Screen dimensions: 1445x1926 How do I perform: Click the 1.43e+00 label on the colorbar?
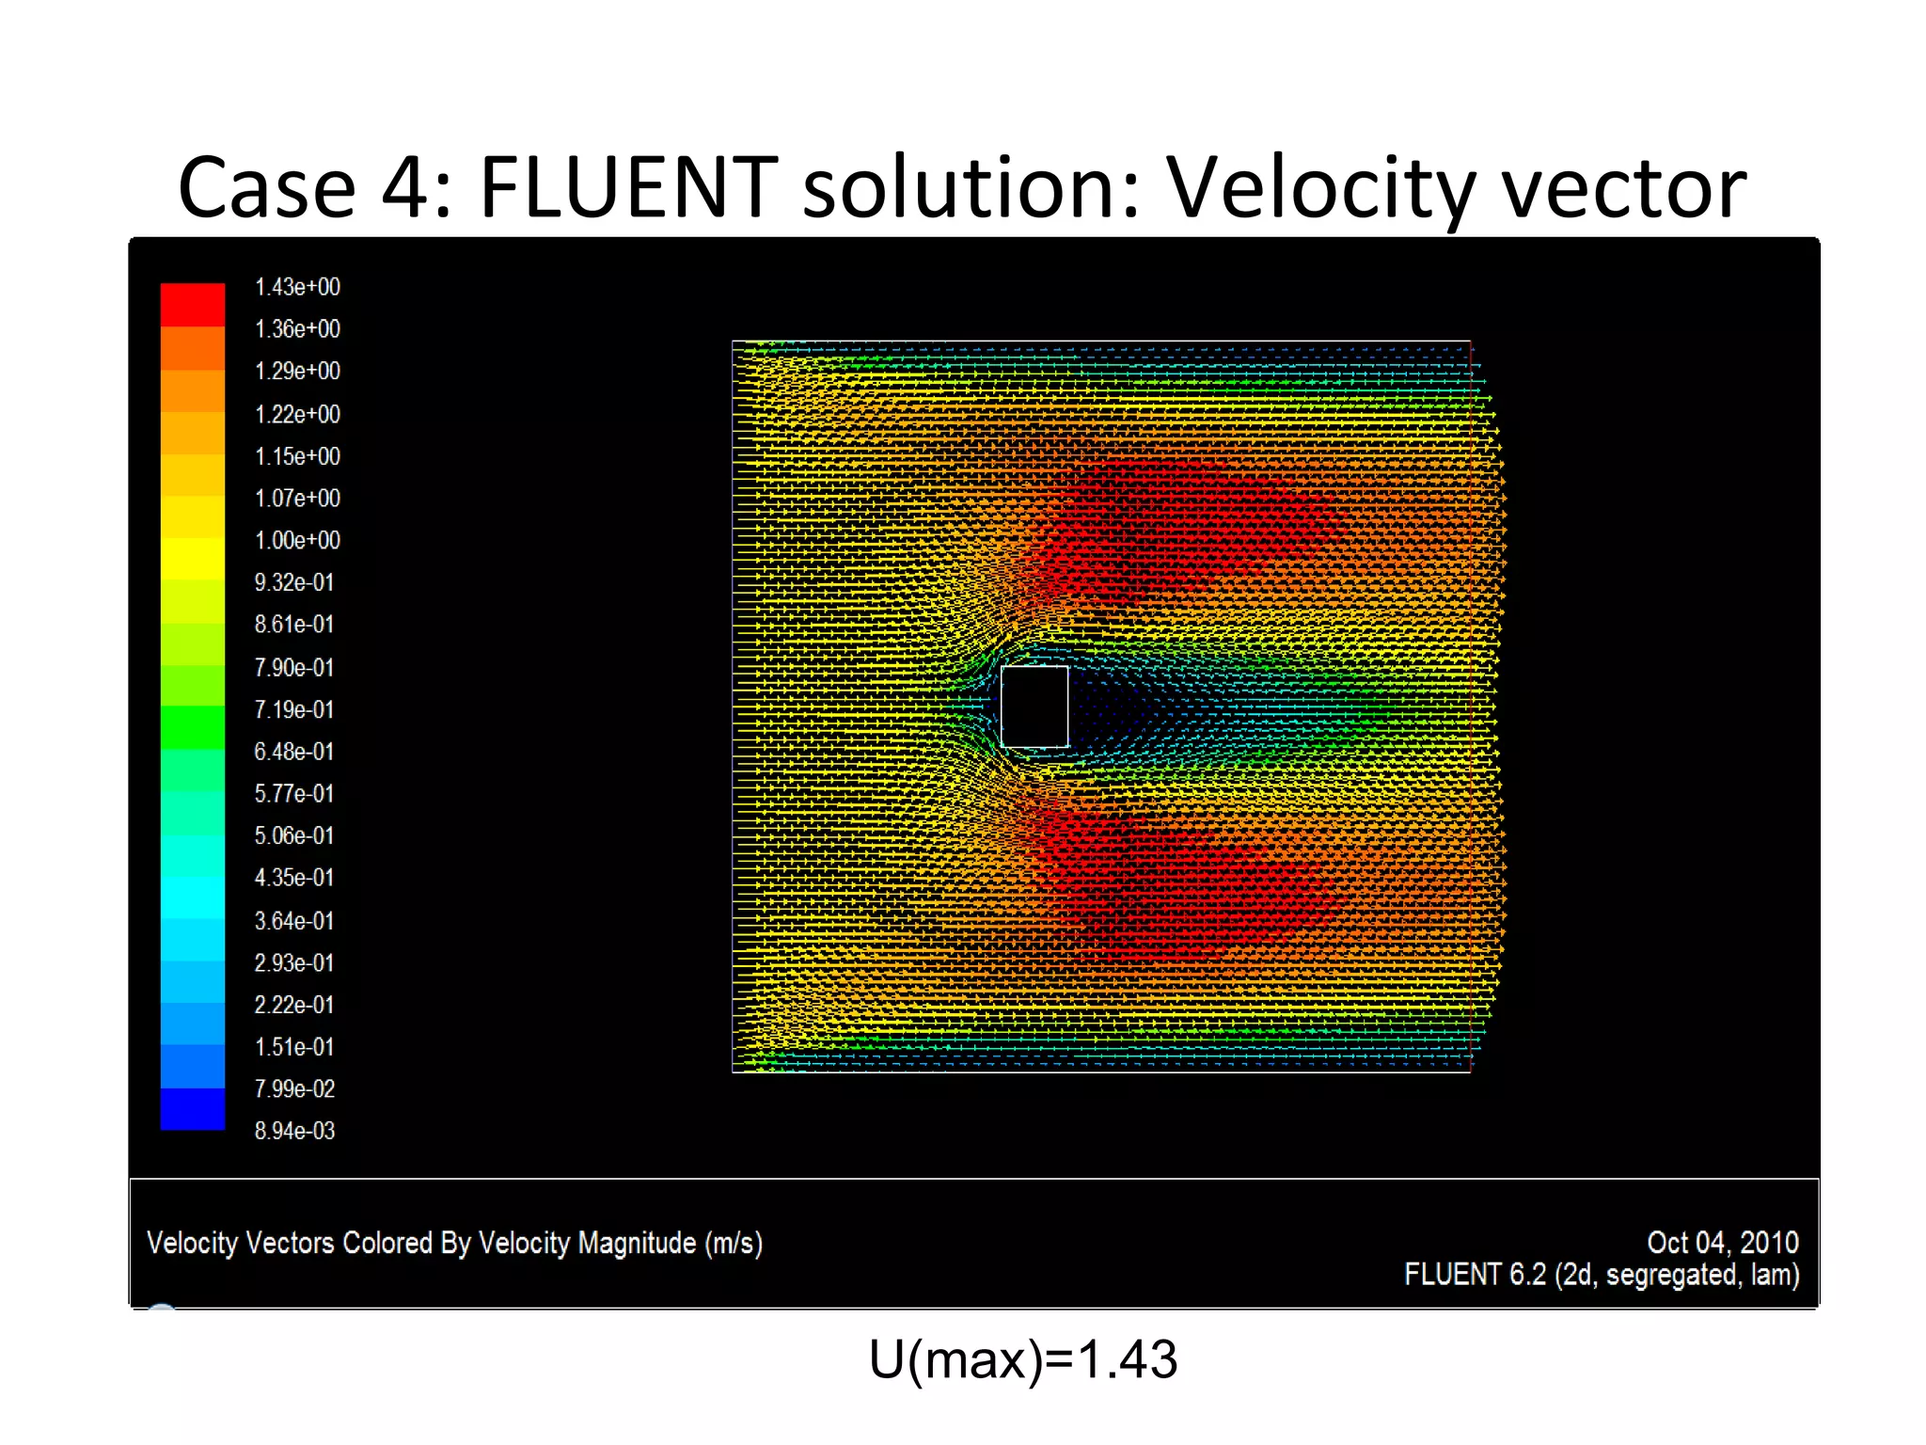pos(297,287)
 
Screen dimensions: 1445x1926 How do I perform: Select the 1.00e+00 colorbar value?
pos(297,540)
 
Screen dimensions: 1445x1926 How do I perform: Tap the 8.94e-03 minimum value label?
pos(294,1131)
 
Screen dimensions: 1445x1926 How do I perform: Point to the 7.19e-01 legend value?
pos(293,709)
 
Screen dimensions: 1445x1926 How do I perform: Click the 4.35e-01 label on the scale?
pos(293,878)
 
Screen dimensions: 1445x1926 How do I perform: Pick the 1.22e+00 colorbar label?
pos(297,414)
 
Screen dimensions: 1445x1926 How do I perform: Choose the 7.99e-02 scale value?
pos(294,1088)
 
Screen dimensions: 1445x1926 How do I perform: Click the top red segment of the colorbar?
pos(193,304)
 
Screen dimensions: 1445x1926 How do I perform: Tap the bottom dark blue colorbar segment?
pos(193,1109)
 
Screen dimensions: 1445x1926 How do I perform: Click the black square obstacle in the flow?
pos(1034,707)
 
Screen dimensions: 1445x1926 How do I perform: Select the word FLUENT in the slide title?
pos(628,187)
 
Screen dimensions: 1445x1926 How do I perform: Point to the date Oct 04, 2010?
pos(1722,1243)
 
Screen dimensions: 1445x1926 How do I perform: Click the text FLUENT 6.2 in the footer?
pos(1475,1275)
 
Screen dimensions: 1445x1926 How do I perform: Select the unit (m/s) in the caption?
pos(734,1243)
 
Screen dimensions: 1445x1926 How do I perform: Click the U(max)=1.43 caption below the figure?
pos(1022,1359)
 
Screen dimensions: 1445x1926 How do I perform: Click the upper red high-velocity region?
pos(1185,527)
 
